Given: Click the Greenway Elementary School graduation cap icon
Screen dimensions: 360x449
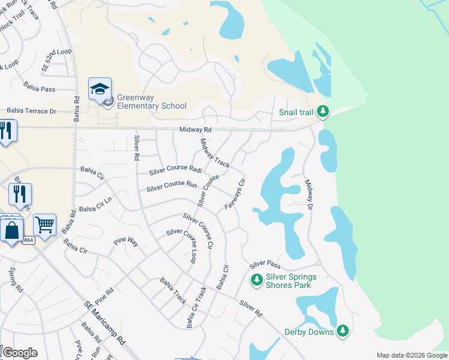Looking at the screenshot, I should pyautogui.click(x=100, y=90).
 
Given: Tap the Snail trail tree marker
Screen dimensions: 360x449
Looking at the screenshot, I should pyautogui.click(x=323, y=111).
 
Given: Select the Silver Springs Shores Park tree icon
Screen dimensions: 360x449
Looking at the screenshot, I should pyautogui.click(x=256, y=280).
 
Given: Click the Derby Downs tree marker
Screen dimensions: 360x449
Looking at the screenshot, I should pyautogui.click(x=342, y=331).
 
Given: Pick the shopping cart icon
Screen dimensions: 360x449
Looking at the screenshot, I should pyautogui.click(x=44, y=225).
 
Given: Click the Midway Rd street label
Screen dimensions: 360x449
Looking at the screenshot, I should pyautogui.click(x=196, y=130).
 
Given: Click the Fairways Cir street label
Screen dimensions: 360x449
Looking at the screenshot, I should pyautogui.click(x=235, y=194).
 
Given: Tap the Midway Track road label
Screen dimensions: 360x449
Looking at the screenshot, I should pyautogui.click(x=214, y=153).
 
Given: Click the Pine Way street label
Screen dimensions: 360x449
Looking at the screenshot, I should pyautogui.click(x=126, y=242).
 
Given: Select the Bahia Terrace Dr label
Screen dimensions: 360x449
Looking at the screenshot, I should pyautogui.click(x=31, y=111).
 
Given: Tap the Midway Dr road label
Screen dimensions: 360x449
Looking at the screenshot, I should pyautogui.click(x=309, y=194).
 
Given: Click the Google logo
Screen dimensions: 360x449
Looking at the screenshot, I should pyautogui.click(x=20, y=353).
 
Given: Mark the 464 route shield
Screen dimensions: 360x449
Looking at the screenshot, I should pyautogui.click(x=28, y=240).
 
